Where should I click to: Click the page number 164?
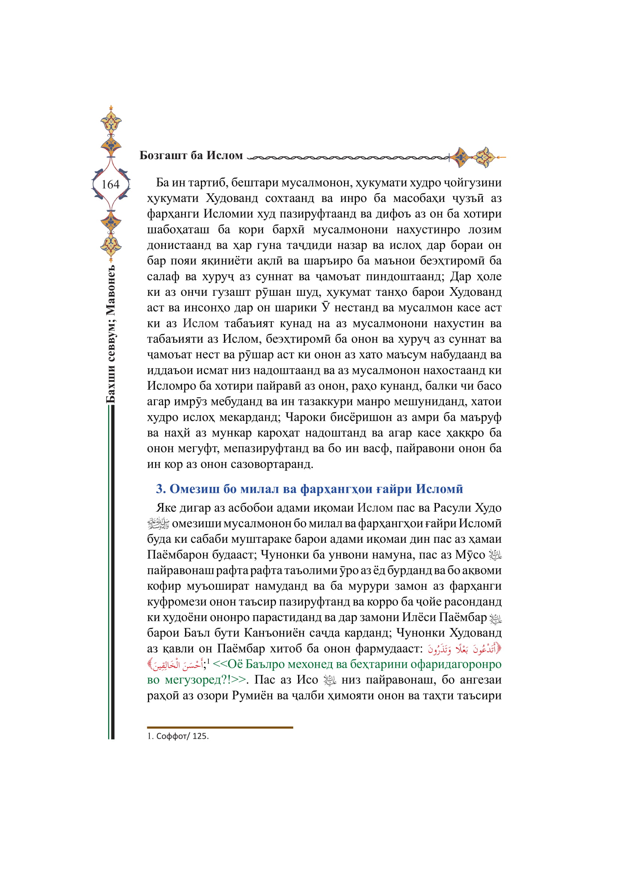point(110,185)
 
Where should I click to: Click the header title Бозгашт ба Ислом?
point(191,156)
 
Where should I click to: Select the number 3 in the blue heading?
point(160,489)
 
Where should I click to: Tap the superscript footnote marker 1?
point(208,661)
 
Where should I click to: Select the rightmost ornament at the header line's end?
point(485,157)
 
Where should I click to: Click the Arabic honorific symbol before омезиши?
point(158,524)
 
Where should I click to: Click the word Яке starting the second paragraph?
point(166,508)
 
